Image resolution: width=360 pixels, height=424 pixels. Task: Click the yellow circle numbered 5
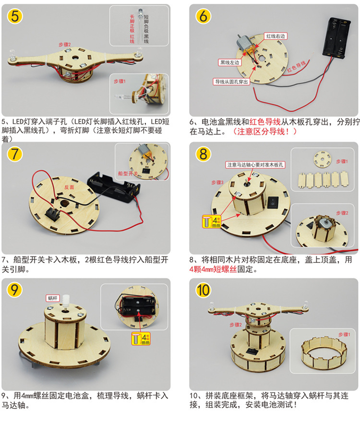pos(15,16)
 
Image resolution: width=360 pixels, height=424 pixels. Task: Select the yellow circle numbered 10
pos(203,290)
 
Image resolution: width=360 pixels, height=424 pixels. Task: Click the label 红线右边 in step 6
pos(276,36)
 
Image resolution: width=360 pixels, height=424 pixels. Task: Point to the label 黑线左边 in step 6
pos(229,62)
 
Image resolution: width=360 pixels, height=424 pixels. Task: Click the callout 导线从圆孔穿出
pos(231,82)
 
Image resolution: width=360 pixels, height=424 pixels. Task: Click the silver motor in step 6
pos(245,45)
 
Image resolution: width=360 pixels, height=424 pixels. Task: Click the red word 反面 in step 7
pos(69,187)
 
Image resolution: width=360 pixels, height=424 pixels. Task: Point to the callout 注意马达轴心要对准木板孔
pos(255,165)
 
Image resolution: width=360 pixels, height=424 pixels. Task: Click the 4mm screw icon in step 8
pos(212,221)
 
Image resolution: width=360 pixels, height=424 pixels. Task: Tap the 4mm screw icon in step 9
pos(141,339)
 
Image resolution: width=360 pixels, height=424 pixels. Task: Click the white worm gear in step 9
pos(65,301)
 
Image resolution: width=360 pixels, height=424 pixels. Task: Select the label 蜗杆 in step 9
pos(52,298)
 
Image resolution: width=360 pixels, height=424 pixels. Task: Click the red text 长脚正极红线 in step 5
pos(132,29)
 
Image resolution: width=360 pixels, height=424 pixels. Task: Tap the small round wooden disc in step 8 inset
pos(323,160)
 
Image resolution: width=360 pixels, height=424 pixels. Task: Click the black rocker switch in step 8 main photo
pos(273,202)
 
